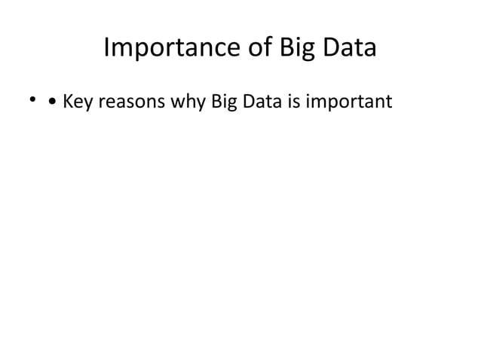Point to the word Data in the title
(348, 49)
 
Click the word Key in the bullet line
(77, 101)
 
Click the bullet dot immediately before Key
(51, 102)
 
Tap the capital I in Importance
(106, 48)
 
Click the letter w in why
(175, 102)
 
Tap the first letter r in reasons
(99, 103)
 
